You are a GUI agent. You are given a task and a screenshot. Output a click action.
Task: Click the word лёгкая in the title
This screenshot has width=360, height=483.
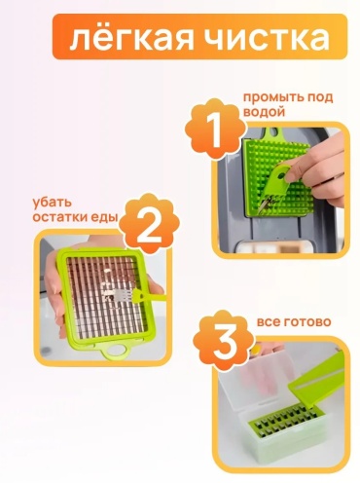[131, 37]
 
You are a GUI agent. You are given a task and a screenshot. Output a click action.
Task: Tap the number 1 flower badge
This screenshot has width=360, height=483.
[214, 129]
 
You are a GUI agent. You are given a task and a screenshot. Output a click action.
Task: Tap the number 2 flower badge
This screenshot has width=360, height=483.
[149, 223]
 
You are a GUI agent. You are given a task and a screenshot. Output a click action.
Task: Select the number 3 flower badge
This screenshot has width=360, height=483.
[224, 339]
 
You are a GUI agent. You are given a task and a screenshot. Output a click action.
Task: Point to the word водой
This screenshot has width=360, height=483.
[264, 112]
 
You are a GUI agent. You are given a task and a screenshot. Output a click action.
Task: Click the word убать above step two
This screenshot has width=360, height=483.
[52, 203]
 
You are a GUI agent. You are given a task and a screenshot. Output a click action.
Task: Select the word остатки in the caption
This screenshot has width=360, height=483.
[60, 217]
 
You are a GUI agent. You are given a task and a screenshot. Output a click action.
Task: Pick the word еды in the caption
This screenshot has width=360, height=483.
[104, 217]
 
